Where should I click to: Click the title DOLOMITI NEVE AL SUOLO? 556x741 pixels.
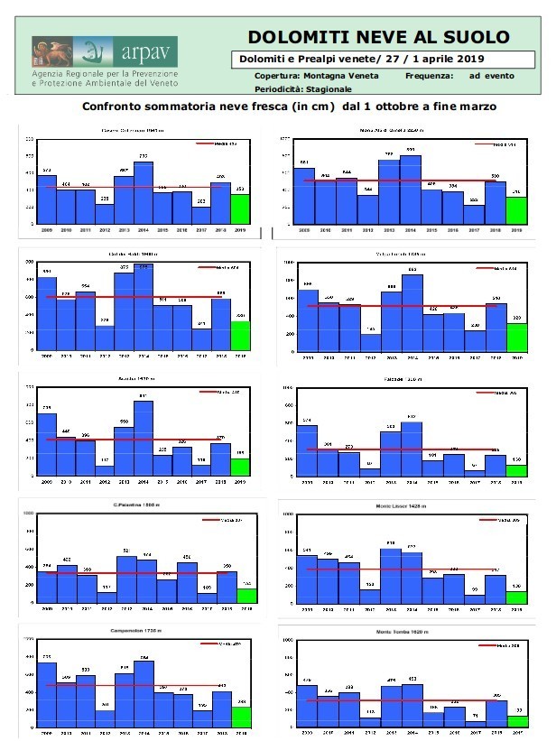(378, 37)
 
